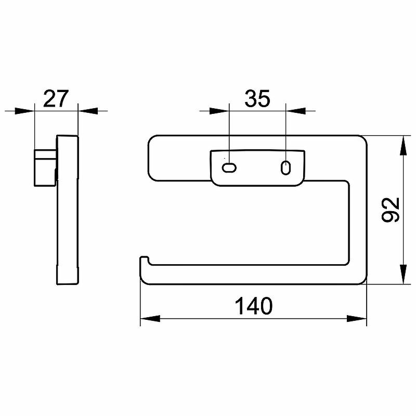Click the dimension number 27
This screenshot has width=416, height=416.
pos(56,99)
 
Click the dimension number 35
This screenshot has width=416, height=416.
pos(257,99)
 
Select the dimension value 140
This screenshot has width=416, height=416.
pos(254,306)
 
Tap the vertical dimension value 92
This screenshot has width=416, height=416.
pos(391,210)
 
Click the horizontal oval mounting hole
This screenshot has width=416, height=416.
pos(229,168)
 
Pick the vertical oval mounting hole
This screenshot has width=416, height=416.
pos(285,167)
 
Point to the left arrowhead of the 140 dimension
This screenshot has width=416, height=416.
pos(150,319)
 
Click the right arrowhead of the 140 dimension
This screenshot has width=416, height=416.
pos(357,319)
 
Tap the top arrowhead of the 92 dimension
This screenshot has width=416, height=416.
pos(404,145)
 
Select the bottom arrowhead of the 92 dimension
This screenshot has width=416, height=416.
pos(404,275)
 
